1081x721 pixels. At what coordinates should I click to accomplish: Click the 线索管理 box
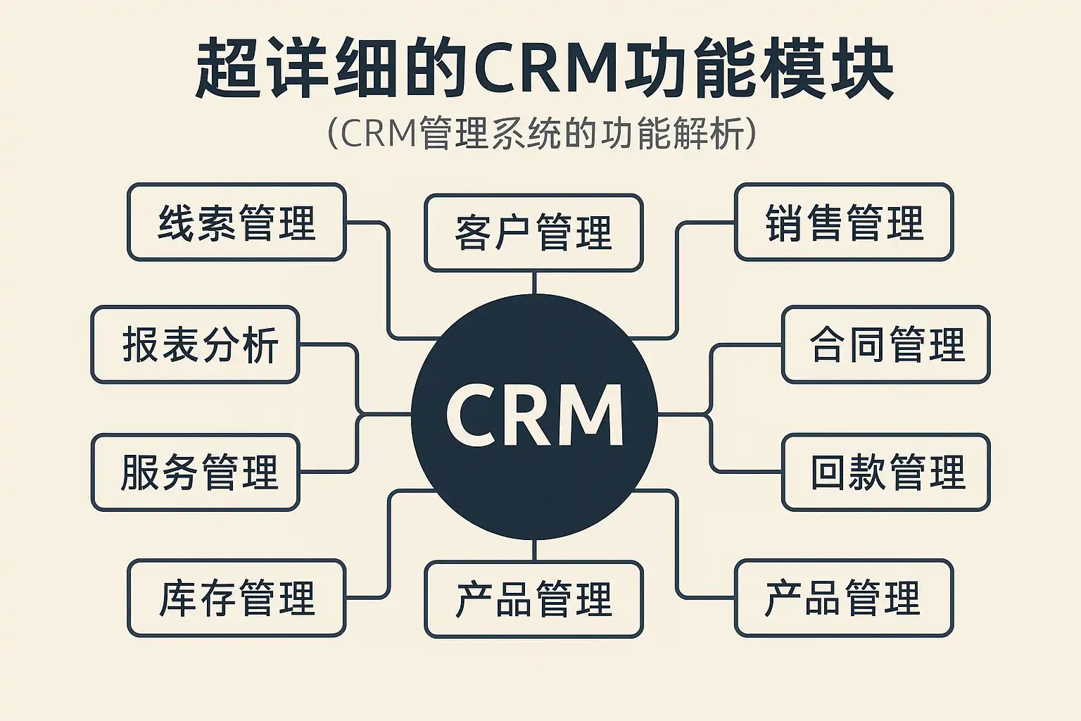236,222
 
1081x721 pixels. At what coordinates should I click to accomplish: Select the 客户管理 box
533,233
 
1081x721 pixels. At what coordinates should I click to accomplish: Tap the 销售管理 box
843,222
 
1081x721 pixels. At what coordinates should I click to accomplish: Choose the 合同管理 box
885,345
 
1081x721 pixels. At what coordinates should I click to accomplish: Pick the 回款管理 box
885,472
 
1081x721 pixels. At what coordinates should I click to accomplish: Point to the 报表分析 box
196,345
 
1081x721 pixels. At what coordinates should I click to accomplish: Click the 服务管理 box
196,472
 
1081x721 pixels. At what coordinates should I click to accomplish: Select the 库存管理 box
236,598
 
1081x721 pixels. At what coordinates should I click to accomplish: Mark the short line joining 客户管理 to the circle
534,282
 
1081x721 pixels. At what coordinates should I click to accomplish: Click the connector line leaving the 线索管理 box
388,282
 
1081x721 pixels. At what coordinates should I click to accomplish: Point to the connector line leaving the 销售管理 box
677,282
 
